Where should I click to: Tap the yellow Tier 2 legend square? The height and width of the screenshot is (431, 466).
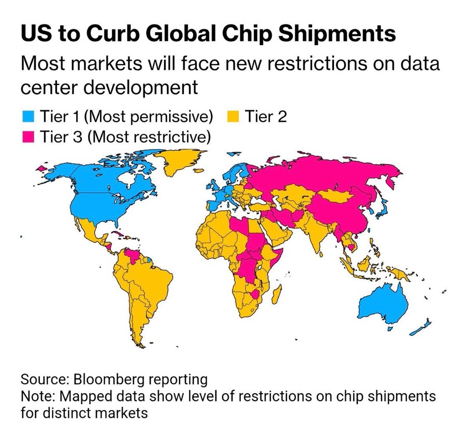233,117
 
